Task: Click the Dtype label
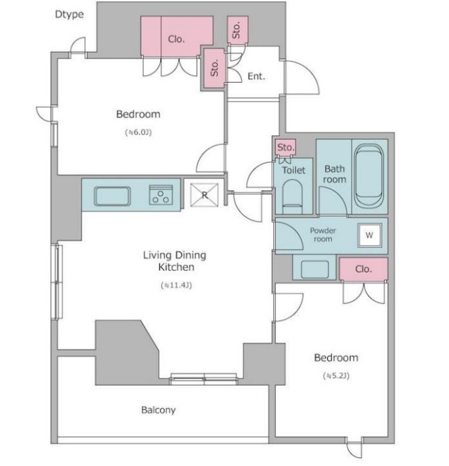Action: pyautogui.click(x=69, y=15)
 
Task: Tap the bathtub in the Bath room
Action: pyautogui.click(x=369, y=176)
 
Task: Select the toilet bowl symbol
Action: pyautogui.click(x=292, y=196)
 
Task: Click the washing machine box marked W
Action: pyautogui.click(x=370, y=235)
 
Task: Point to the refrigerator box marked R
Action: pyautogui.click(x=205, y=195)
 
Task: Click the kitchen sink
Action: pyautogui.click(x=113, y=196)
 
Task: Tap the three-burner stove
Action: pyautogui.click(x=161, y=195)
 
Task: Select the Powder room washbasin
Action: pyautogui.click(x=314, y=269)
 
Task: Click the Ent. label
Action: pyautogui.click(x=256, y=77)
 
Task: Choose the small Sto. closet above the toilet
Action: pyautogui.click(x=286, y=147)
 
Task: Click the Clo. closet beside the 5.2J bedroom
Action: pyautogui.click(x=363, y=269)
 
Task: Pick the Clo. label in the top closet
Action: pyautogui.click(x=177, y=39)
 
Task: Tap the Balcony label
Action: pyautogui.click(x=158, y=410)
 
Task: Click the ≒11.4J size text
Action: pyautogui.click(x=177, y=286)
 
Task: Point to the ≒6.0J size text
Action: pyautogui.click(x=139, y=132)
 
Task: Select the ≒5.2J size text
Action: pyautogui.click(x=336, y=376)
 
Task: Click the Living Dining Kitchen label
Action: pyautogui.click(x=175, y=261)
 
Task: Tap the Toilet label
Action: pyautogui.click(x=294, y=170)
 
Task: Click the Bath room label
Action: pyautogui.click(x=334, y=174)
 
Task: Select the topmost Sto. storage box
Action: pyautogui.click(x=238, y=30)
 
